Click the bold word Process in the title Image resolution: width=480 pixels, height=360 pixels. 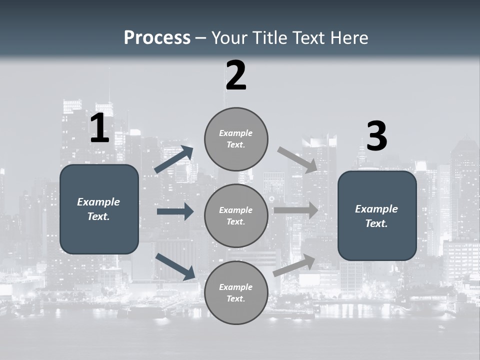[x=157, y=37]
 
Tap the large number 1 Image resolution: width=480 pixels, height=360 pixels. [x=99, y=128]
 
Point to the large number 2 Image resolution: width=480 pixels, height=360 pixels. [x=236, y=75]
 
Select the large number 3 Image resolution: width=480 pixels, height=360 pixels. [x=376, y=136]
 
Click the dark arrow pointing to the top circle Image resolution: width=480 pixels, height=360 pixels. [x=173, y=159]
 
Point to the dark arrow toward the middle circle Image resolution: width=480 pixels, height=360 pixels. [x=175, y=211]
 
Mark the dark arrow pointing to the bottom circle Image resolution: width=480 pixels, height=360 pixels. [x=175, y=266]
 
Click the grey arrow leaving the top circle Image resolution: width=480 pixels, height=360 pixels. [x=297, y=159]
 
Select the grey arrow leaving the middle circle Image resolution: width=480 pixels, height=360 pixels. [x=295, y=210]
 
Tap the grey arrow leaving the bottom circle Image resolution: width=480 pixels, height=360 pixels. [x=294, y=265]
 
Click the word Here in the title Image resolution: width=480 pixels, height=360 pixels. [x=350, y=37]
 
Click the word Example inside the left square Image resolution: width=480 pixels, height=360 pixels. [x=98, y=202]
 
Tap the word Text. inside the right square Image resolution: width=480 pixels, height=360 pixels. [x=376, y=223]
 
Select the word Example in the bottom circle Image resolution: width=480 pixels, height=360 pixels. [x=235, y=287]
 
